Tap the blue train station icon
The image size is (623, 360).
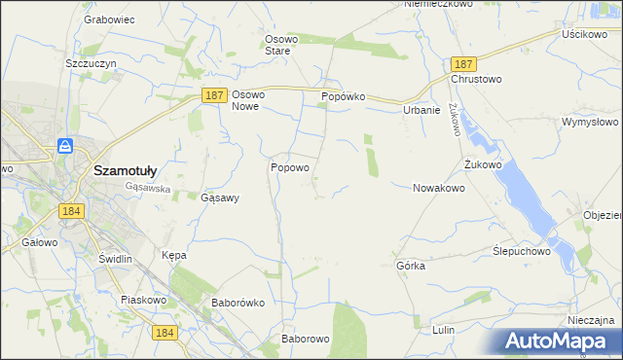pyautogui.click(x=65, y=146)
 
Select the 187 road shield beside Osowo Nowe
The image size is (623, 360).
pyautogui.click(x=216, y=94)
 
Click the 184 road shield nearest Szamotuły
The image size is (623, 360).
pyautogui.click(x=69, y=210)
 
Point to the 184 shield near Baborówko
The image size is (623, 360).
pyautogui.click(x=165, y=333)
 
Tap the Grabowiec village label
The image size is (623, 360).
pyautogui.click(x=108, y=18)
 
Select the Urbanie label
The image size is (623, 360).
pyautogui.click(x=421, y=110)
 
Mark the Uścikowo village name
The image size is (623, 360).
pyautogui.click(x=584, y=33)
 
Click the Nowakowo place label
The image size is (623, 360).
pyautogui.click(x=438, y=188)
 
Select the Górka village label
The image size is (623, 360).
pyautogui.click(x=411, y=265)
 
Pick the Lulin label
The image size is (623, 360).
pyautogui.click(x=443, y=330)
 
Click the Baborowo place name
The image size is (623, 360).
pyautogui.click(x=306, y=339)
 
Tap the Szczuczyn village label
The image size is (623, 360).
pyautogui.click(x=91, y=62)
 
